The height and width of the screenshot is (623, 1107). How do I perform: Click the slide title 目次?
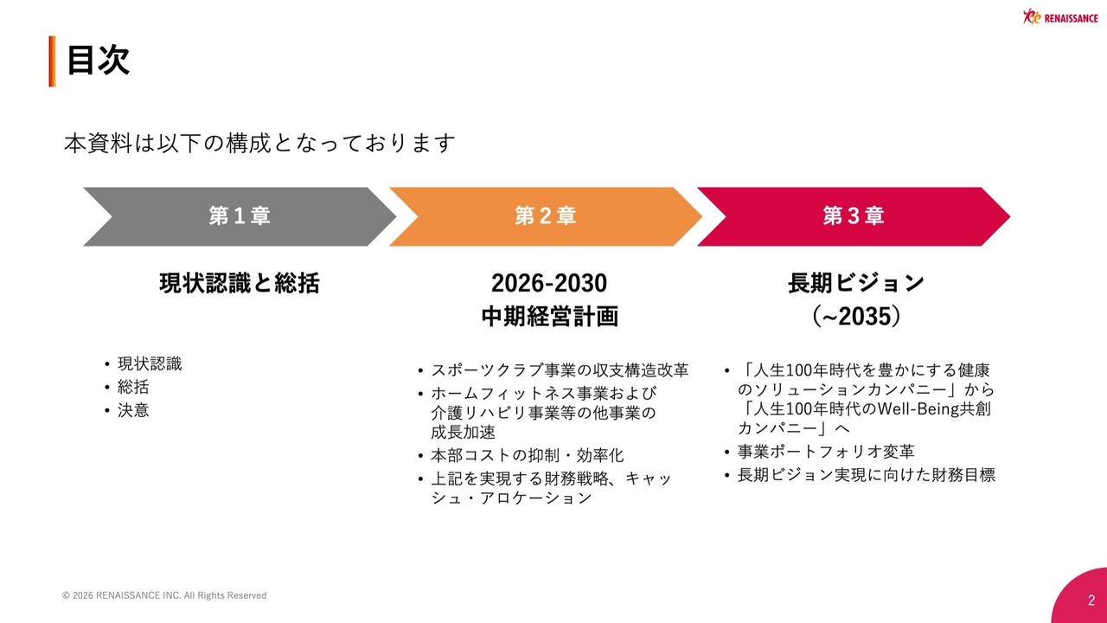[98, 61]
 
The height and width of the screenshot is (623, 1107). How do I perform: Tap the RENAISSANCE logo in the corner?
[1060, 16]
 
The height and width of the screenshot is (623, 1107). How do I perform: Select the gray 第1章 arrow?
[240, 216]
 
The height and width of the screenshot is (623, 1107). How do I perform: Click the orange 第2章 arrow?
[546, 216]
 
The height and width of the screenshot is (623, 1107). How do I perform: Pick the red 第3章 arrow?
[854, 216]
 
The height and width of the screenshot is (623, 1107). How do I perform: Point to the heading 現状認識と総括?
[240, 283]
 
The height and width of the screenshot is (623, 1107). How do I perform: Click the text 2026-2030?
[549, 283]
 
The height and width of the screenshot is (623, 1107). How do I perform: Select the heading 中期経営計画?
[549, 317]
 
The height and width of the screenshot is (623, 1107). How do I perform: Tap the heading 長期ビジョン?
[856, 283]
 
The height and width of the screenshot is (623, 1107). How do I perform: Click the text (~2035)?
[856, 317]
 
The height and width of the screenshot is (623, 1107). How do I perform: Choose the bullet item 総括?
[133, 387]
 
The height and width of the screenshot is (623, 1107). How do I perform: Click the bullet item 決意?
[133, 410]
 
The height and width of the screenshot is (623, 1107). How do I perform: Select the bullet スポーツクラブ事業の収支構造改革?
[560, 370]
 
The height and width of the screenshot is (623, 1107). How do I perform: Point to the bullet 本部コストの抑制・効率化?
[527, 455]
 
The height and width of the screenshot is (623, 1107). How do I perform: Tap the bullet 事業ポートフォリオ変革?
[826, 452]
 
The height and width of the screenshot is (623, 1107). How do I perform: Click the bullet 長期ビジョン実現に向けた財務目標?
[867, 475]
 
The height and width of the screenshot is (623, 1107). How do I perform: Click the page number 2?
[1091, 601]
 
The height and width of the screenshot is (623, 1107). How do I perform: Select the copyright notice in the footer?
[164, 595]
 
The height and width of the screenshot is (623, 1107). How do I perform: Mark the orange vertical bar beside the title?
[53, 61]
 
